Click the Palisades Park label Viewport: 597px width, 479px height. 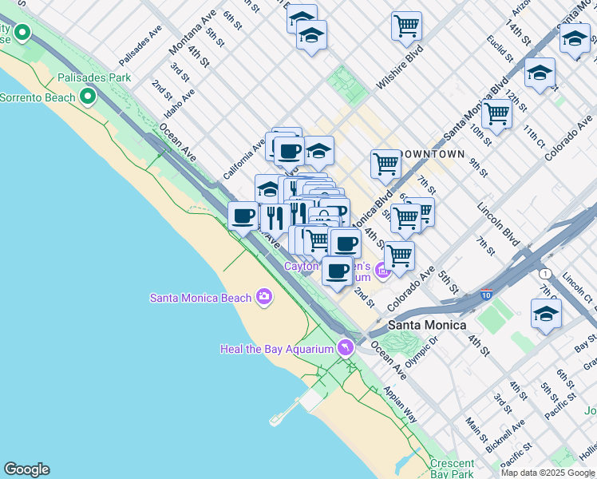point(93,78)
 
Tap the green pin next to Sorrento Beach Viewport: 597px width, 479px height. point(88,97)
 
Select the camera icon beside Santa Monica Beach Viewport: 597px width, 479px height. point(264,298)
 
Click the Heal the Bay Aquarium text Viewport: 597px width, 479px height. point(276,349)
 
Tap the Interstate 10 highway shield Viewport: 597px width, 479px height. point(486,295)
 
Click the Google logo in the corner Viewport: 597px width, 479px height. point(26,469)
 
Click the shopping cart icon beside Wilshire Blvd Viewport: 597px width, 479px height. point(406,26)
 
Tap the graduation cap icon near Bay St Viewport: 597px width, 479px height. point(546,314)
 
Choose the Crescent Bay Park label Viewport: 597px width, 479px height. point(452,468)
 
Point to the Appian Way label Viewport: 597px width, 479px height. point(400,405)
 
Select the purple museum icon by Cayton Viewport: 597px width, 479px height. point(382,271)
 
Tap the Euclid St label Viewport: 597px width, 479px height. point(497,49)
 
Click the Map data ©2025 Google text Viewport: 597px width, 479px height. point(547,473)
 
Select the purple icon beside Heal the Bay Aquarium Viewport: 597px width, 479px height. point(345,348)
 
